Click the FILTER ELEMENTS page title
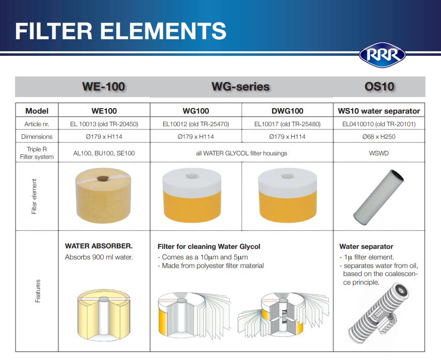point(121,31)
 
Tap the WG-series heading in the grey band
point(240,86)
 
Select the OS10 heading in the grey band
point(379,86)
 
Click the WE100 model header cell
point(104,111)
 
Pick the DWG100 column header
point(287,111)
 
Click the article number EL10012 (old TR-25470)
point(196,124)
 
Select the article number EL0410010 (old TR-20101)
point(379,124)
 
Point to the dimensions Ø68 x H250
point(379,137)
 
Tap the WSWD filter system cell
point(379,153)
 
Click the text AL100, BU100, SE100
point(104,153)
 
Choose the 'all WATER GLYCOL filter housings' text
point(241,153)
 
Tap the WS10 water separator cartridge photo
point(379,198)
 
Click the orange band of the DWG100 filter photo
point(287,206)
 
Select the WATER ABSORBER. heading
point(99,246)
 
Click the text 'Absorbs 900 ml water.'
point(99,257)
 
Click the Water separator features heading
point(366,247)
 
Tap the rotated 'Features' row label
point(38,291)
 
